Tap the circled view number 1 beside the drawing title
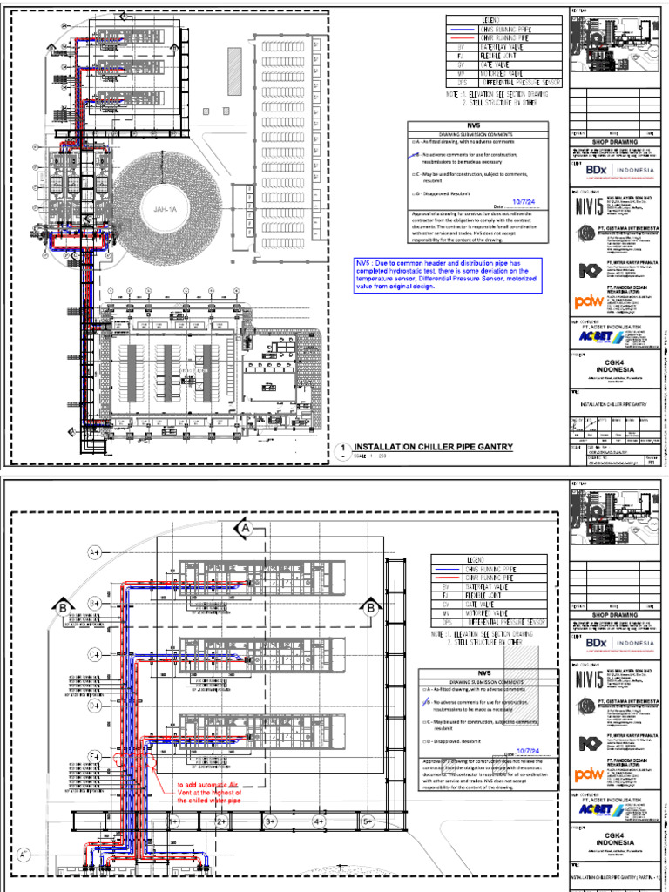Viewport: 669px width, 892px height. (x=344, y=449)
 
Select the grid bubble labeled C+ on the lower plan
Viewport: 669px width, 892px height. (x=95, y=653)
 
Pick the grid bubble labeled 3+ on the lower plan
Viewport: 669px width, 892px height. (x=270, y=821)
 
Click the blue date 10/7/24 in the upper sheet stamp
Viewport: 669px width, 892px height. (x=526, y=201)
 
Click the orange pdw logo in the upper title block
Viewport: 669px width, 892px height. (x=589, y=301)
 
